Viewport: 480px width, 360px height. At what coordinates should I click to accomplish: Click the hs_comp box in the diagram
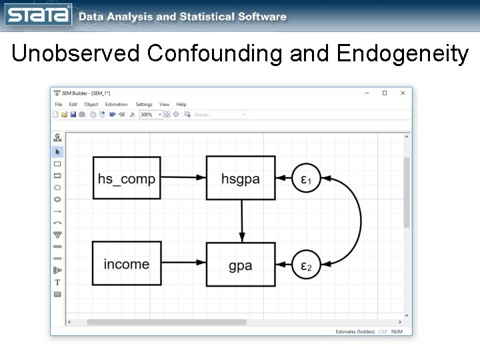pyautogui.click(x=127, y=178)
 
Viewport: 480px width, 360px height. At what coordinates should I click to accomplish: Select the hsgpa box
pyautogui.click(x=241, y=178)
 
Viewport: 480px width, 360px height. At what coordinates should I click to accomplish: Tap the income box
pyautogui.click(x=127, y=265)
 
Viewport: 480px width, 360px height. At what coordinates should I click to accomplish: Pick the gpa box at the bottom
pyautogui.click(x=241, y=265)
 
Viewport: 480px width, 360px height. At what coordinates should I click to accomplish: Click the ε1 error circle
pyautogui.click(x=307, y=179)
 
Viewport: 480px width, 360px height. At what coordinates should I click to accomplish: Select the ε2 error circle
pyautogui.click(x=307, y=266)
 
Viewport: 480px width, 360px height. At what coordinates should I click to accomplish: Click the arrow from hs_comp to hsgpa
pyautogui.click(x=183, y=178)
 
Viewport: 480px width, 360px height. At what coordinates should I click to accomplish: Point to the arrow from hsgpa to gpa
pyautogui.click(x=241, y=221)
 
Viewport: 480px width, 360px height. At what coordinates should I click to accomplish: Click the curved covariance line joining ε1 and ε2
pyautogui.click(x=360, y=221)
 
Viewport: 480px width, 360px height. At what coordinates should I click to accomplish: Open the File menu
pyautogui.click(x=59, y=105)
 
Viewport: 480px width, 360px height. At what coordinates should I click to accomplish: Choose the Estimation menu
pyautogui.click(x=116, y=105)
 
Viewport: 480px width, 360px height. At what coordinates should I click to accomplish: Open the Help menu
pyautogui.click(x=181, y=105)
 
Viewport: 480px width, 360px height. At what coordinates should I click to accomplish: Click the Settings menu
pyautogui.click(x=144, y=105)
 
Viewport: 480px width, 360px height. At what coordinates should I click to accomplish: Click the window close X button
pyautogui.click(x=403, y=93)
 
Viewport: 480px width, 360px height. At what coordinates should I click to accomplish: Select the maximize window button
pyautogui.click(x=385, y=93)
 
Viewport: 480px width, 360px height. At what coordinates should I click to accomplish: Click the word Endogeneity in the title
pyautogui.click(x=403, y=53)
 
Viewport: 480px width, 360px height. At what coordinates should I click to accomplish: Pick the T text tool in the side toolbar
pyautogui.click(x=57, y=283)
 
